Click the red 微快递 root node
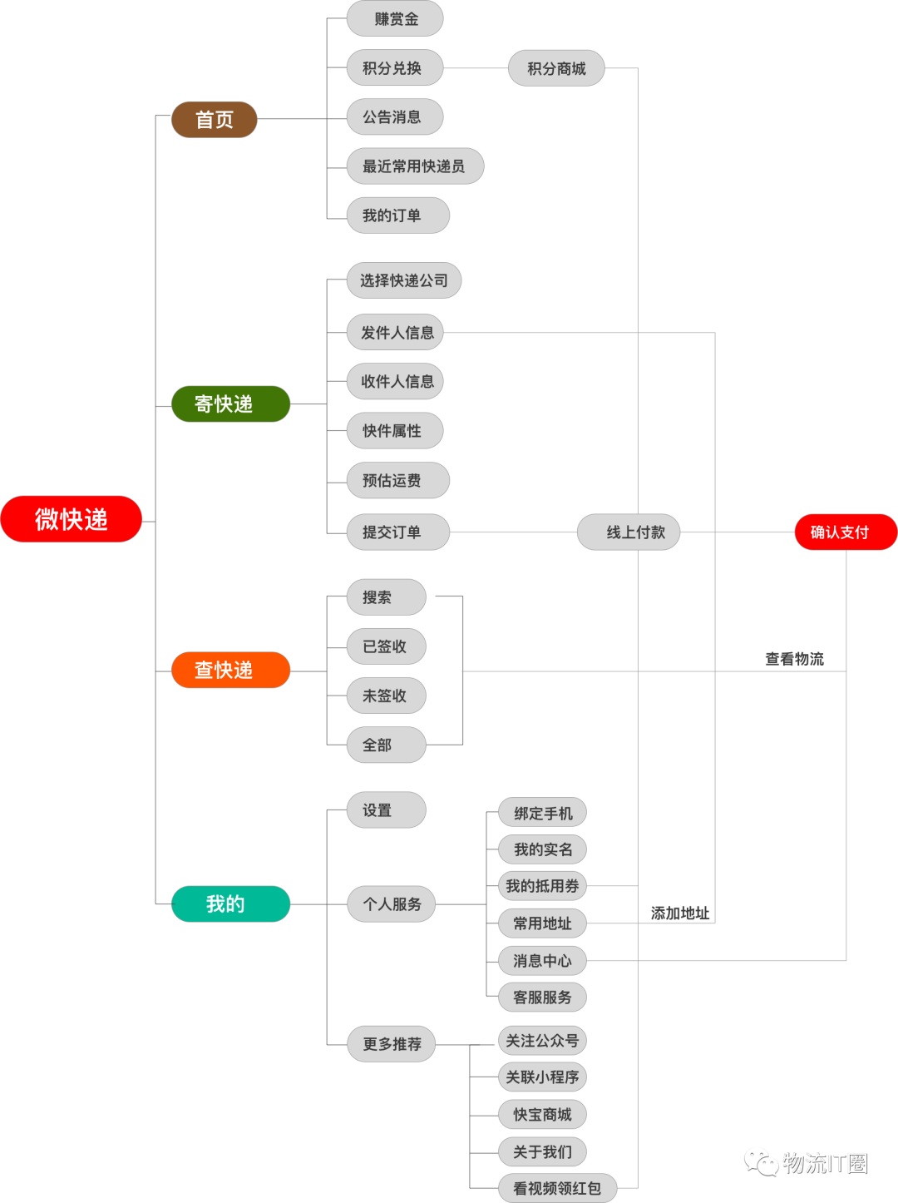pos(71,519)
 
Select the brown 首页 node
pos(215,120)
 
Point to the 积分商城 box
pos(556,68)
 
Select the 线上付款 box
pos(629,532)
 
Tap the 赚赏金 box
pos(395,19)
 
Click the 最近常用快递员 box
pos(414,166)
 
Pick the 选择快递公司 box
pos(403,281)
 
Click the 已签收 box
pos(385,646)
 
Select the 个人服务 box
pos(392,904)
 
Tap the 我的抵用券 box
pos(542,886)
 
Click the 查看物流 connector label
pos(794,659)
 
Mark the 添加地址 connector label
pos(679,913)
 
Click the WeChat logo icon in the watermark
pos(760,1161)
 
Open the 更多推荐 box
pos(392,1044)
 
